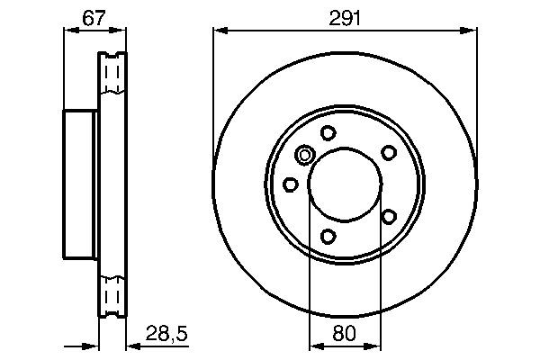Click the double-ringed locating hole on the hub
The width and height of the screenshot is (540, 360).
click(305, 157)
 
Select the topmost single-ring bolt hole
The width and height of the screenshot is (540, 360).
click(328, 133)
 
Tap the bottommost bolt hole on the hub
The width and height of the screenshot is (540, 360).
click(328, 237)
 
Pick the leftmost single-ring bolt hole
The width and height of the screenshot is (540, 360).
click(291, 184)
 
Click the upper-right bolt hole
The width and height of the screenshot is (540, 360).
click(389, 152)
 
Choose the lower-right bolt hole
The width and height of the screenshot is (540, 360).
click(389, 216)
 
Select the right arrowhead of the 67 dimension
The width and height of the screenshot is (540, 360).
click(121, 31)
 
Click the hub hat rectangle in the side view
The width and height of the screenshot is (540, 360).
click(80, 184)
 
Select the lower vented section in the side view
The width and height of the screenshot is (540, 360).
click(112, 295)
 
